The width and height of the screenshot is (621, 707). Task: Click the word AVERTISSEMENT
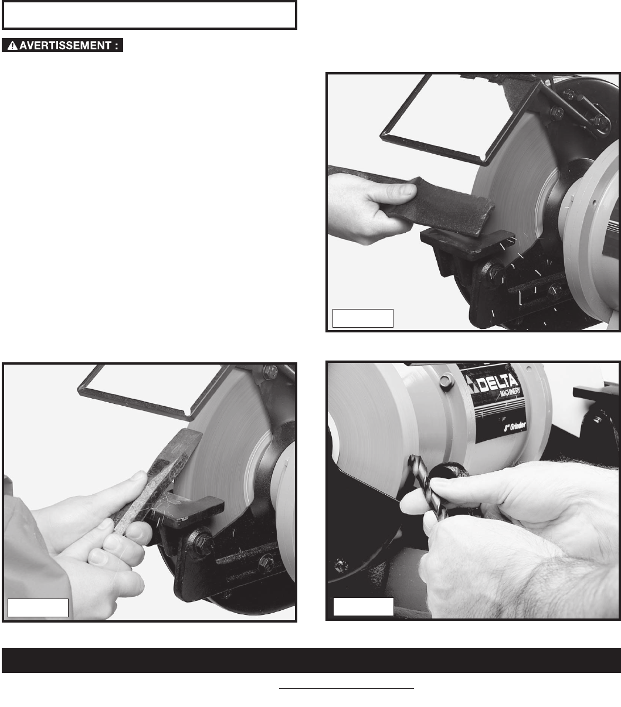65,46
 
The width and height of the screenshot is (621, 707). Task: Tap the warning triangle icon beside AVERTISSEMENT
12,46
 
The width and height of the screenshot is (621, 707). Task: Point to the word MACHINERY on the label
510,392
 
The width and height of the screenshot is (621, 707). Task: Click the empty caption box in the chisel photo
38,608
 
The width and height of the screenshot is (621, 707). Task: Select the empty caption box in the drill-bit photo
364,607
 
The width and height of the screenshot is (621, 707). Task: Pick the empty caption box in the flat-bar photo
362,318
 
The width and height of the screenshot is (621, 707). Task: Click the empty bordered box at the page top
150,15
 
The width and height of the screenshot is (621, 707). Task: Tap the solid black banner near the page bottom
311,660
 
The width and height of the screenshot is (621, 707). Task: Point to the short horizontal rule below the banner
347,688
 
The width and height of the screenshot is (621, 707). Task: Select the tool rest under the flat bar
468,244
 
